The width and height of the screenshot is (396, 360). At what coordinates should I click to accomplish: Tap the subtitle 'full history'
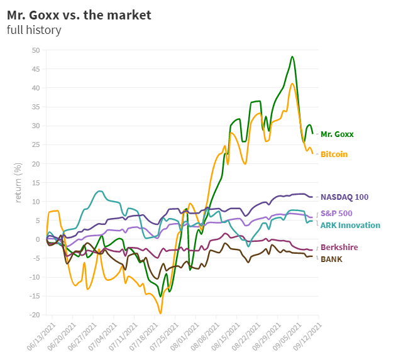click(x=34, y=30)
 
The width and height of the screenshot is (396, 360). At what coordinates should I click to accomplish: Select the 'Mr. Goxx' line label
click(x=337, y=134)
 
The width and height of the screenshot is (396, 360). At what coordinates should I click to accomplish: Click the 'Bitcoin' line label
click(x=334, y=154)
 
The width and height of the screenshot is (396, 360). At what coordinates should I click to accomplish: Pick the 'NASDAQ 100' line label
click(x=344, y=197)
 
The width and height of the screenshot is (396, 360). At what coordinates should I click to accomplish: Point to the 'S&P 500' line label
click(x=336, y=214)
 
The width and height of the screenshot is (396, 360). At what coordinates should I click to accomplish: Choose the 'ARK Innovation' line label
click(x=350, y=225)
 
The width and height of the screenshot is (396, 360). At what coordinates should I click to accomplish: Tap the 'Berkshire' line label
click(x=339, y=247)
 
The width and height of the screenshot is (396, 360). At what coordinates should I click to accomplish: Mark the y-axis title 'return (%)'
click(x=18, y=182)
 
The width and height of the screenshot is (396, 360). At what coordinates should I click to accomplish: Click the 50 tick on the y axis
click(x=35, y=50)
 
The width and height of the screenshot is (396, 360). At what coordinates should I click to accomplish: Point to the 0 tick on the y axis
click(x=38, y=239)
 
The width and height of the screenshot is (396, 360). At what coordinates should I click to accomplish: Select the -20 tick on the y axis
click(x=35, y=315)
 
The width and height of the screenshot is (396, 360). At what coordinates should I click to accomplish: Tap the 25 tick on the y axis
click(x=35, y=145)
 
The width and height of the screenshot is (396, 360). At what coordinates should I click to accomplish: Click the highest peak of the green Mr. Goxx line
click(x=292, y=57)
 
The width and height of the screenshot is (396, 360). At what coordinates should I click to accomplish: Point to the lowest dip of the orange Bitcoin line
click(x=160, y=313)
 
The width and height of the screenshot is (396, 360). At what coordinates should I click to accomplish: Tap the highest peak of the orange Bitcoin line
click(x=292, y=83)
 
